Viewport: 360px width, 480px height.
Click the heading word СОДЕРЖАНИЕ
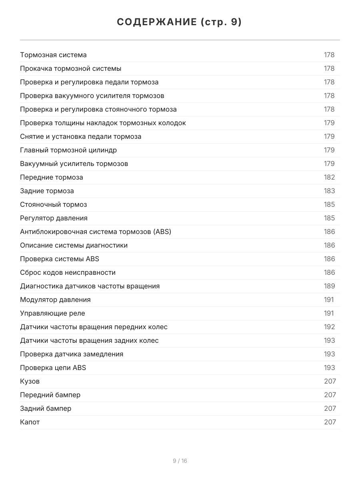pyautogui.click(x=157, y=22)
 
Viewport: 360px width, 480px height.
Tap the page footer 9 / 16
pyautogui.click(x=180, y=461)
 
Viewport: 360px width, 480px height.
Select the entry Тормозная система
pyautogui.click(x=53, y=55)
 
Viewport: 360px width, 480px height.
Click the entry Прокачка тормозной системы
pyautogui.click(x=71, y=68)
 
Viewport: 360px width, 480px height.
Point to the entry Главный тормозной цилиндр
pyautogui.click(x=68, y=150)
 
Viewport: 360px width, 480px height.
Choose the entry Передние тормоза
pyautogui.click(x=52, y=177)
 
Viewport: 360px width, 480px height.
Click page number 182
pyautogui.click(x=329, y=177)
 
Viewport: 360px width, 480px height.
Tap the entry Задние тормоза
pyautogui.click(x=47, y=191)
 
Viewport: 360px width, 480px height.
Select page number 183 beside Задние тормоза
pyautogui.click(x=329, y=191)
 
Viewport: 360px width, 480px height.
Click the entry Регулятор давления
pyautogui.click(x=54, y=218)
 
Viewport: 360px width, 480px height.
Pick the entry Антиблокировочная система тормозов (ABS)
pyautogui.click(x=96, y=232)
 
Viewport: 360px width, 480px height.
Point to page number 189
pyautogui.click(x=329, y=286)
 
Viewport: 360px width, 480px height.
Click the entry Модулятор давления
pyautogui.click(x=55, y=300)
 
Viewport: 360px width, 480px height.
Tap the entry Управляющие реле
pyautogui.click(x=52, y=313)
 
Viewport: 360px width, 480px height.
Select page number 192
pyautogui.click(x=329, y=327)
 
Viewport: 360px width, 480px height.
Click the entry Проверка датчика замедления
pyautogui.click(x=72, y=354)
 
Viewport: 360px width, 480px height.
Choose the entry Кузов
pyautogui.click(x=30, y=381)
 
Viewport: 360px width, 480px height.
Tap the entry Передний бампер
pyautogui.click(x=50, y=395)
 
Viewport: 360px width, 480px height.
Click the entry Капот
pyautogui.click(x=30, y=422)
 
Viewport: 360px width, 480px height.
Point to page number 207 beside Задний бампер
pyautogui.click(x=330, y=408)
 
